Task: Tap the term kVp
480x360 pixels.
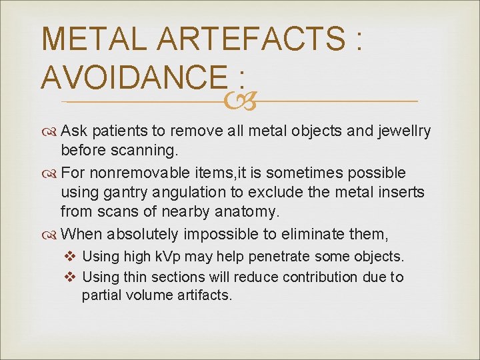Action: point(168,257)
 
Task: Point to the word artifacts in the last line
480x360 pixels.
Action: point(200,295)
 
